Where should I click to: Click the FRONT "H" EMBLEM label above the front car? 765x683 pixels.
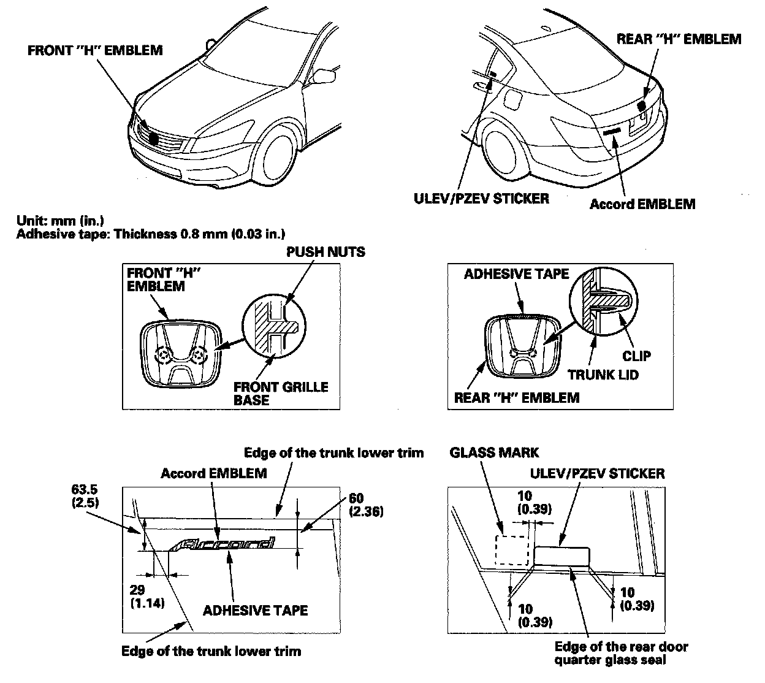coord(95,50)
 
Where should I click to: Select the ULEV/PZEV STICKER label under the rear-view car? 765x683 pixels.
coord(480,198)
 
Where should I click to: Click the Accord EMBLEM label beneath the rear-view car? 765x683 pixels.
coord(642,204)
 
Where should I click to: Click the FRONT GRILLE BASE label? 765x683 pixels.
coord(280,394)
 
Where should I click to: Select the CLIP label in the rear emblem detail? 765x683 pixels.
coord(636,356)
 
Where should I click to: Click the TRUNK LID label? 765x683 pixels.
coord(603,374)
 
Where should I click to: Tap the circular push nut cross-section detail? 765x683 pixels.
coord(272,323)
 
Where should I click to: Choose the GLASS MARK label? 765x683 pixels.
coord(494,452)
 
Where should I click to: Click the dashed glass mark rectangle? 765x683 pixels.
coord(511,549)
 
